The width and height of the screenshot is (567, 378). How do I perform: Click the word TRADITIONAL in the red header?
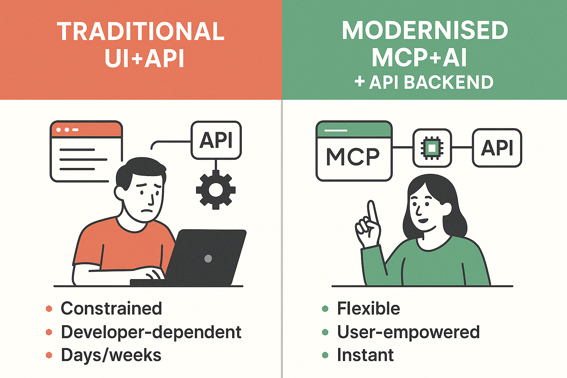tap(141, 31)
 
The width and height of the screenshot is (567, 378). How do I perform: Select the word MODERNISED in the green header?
tap(425, 30)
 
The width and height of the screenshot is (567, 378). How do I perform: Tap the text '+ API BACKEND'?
tap(424, 82)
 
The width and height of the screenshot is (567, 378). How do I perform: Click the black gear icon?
tap(216, 190)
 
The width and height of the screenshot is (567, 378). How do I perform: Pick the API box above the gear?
tap(216, 140)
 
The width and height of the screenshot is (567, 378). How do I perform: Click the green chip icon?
tap(432, 148)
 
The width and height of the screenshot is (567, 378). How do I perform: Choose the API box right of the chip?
tap(497, 148)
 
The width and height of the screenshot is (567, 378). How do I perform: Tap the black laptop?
tap(207, 258)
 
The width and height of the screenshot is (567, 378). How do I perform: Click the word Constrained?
tap(111, 309)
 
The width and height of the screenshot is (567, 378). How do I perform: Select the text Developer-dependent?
tap(151, 332)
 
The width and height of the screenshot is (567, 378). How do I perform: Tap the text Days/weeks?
tap(111, 355)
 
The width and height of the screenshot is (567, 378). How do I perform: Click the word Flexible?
tap(368, 309)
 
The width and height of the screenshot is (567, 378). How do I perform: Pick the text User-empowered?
tap(408, 332)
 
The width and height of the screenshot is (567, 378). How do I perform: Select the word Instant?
tap(365, 355)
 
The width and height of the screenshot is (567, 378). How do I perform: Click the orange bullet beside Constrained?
tap(49, 309)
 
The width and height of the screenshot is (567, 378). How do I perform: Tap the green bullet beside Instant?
tap(325, 355)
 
